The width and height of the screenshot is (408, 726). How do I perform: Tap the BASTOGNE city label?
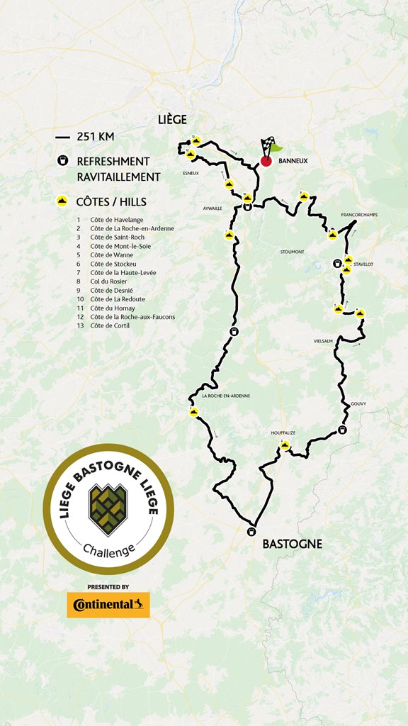[x=292, y=544]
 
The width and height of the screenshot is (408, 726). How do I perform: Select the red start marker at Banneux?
[x=266, y=161]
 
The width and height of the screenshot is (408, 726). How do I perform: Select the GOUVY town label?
[x=358, y=404]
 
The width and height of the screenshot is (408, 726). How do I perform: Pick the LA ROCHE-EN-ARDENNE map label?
[x=225, y=396]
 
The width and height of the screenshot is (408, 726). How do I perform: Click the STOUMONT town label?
[x=291, y=251]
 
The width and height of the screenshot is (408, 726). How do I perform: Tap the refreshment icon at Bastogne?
[x=251, y=532]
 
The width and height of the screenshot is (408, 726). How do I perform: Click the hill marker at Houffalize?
[x=285, y=446]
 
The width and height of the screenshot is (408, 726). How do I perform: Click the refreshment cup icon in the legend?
[x=63, y=161]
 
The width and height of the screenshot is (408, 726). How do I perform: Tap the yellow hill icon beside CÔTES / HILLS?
[x=63, y=201]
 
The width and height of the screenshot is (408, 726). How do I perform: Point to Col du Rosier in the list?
[x=108, y=281]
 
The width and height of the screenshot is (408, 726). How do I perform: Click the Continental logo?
[x=108, y=605]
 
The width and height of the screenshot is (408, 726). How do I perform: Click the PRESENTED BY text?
[x=108, y=587]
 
